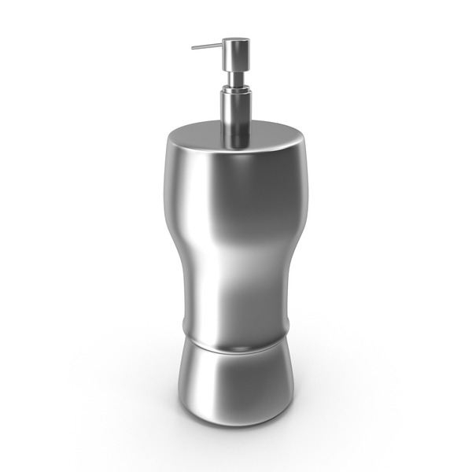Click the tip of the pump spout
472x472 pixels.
click(192, 48)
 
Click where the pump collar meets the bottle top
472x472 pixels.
click(234, 146)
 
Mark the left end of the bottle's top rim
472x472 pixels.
click(168, 140)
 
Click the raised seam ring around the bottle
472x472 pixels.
click(236, 341)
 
